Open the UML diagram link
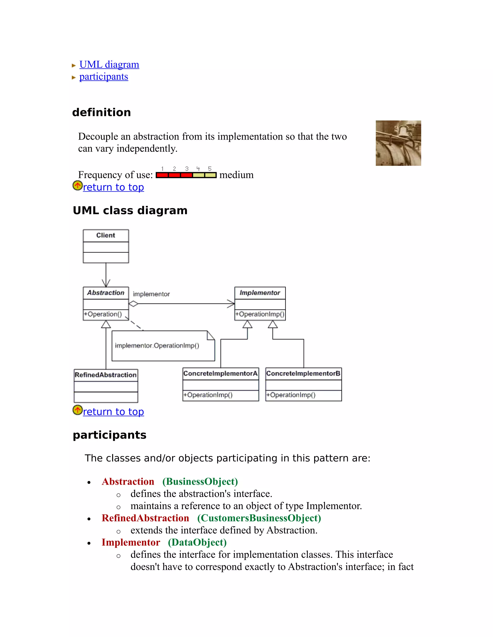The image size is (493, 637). (x=109, y=64)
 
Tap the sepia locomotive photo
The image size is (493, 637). (x=398, y=143)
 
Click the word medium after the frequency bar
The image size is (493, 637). (x=236, y=175)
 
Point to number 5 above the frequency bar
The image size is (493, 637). (x=210, y=169)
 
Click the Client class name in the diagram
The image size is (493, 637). (x=106, y=235)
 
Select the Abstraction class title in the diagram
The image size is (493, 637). (x=106, y=293)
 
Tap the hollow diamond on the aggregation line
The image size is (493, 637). (x=133, y=304)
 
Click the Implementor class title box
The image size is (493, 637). (x=260, y=293)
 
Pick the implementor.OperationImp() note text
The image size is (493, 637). (x=157, y=346)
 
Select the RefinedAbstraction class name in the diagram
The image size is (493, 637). (x=106, y=375)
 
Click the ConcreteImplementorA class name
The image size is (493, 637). (x=221, y=374)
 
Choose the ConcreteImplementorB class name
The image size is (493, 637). (x=303, y=374)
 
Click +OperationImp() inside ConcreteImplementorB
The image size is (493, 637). (x=291, y=395)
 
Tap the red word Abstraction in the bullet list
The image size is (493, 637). (x=128, y=481)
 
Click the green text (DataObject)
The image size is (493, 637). (x=197, y=542)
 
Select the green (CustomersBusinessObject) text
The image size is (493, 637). (x=259, y=518)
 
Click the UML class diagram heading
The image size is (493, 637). (x=130, y=210)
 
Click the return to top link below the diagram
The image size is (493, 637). (x=113, y=412)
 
